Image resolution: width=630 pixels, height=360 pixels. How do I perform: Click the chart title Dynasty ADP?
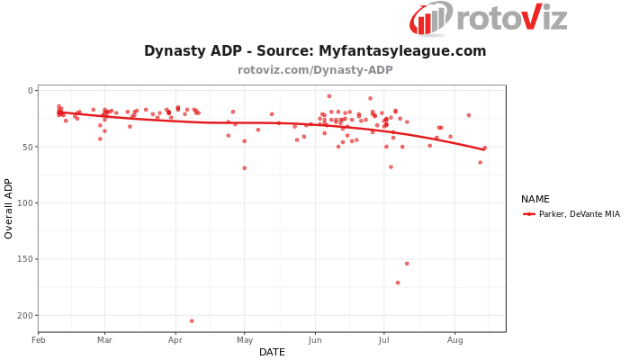click(315, 51)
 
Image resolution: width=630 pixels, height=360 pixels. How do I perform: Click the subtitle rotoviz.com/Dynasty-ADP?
click(315, 70)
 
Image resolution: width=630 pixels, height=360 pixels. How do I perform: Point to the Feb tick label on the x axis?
click(39, 340)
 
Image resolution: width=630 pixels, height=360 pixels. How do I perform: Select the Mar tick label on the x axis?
click(104, 340)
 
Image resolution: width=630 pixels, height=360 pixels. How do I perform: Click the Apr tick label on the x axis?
click(175, 340)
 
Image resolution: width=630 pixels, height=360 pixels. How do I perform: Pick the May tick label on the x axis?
click(244, 340)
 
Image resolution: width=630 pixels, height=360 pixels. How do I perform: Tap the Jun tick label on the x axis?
click(314, 340)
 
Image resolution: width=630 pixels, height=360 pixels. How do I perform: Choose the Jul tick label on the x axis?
click(383, 340)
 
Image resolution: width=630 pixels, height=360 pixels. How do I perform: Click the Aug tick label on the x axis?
click(454, 340)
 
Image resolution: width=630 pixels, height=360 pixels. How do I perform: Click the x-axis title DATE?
click(272, 352)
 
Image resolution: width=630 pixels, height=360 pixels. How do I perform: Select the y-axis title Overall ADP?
click(9, 208)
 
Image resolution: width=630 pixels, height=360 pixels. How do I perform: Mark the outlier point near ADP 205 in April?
click(192, 321)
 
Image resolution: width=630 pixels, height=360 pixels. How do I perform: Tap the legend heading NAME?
click(535, 199)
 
